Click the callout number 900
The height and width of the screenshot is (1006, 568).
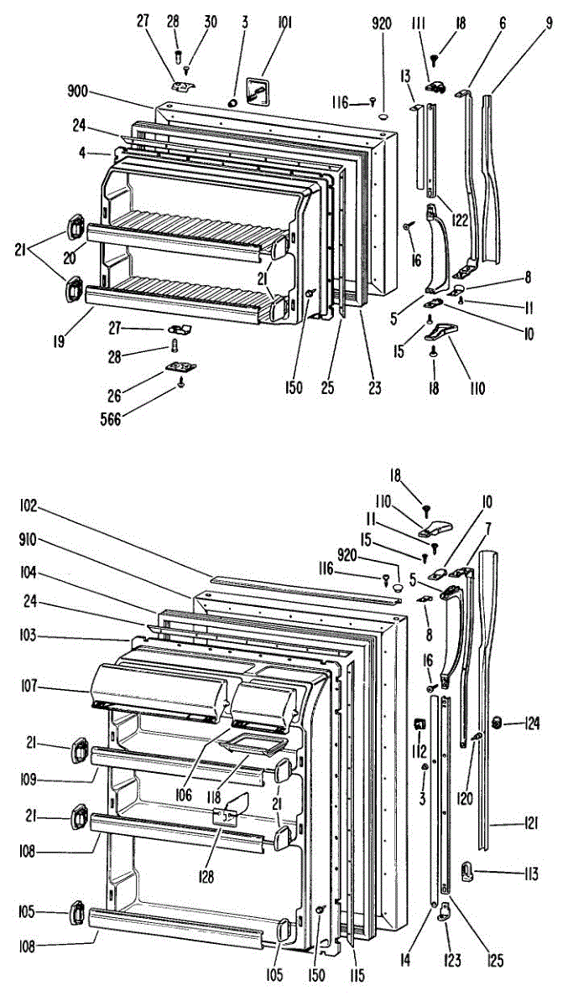(77, 91)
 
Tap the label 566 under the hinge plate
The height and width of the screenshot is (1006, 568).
(111, 419)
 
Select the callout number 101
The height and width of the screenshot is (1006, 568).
(284, 23)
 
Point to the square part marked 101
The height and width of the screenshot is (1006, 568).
(257, 92)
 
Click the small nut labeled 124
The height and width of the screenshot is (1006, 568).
(497, 723)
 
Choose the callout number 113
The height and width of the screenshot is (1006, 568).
(531, 874)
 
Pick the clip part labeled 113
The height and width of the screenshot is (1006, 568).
(467, 871)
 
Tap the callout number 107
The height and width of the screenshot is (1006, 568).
(29, 687)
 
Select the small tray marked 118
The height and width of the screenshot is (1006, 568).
(253, 744)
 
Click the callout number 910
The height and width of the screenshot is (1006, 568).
(29, 539)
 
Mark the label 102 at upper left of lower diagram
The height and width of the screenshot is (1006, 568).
(29, 506)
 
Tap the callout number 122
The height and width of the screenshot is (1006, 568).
(460, 220)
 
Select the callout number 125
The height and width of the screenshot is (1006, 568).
(495, 960)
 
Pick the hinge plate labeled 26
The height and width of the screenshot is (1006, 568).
(181, 367)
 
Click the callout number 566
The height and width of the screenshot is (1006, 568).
(111, 419)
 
